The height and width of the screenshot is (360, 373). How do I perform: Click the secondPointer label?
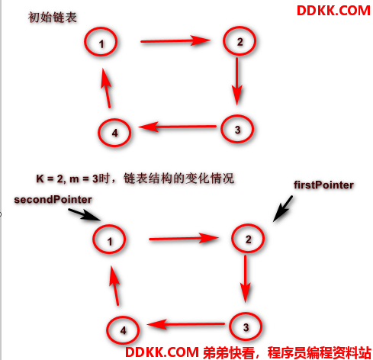tap(53, 200)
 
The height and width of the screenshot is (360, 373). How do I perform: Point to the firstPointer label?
tap(323, 185)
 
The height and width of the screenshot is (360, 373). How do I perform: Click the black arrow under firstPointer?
tap(283, 208)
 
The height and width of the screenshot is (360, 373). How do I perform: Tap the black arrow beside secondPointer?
tap(85, 214)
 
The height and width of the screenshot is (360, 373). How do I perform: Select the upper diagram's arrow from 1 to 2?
tap(175, 40)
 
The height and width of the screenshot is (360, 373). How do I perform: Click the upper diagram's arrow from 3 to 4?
tap(178, 126)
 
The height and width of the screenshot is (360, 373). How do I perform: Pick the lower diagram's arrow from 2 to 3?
tap(246, 278)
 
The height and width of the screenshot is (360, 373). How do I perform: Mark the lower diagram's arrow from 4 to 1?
tap(114, 285)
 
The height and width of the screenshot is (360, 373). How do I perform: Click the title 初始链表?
tap(53, 18)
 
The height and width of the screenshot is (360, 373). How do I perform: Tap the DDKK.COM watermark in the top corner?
tap(333, 11)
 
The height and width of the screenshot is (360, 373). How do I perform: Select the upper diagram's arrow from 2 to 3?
tap(237, 82)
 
